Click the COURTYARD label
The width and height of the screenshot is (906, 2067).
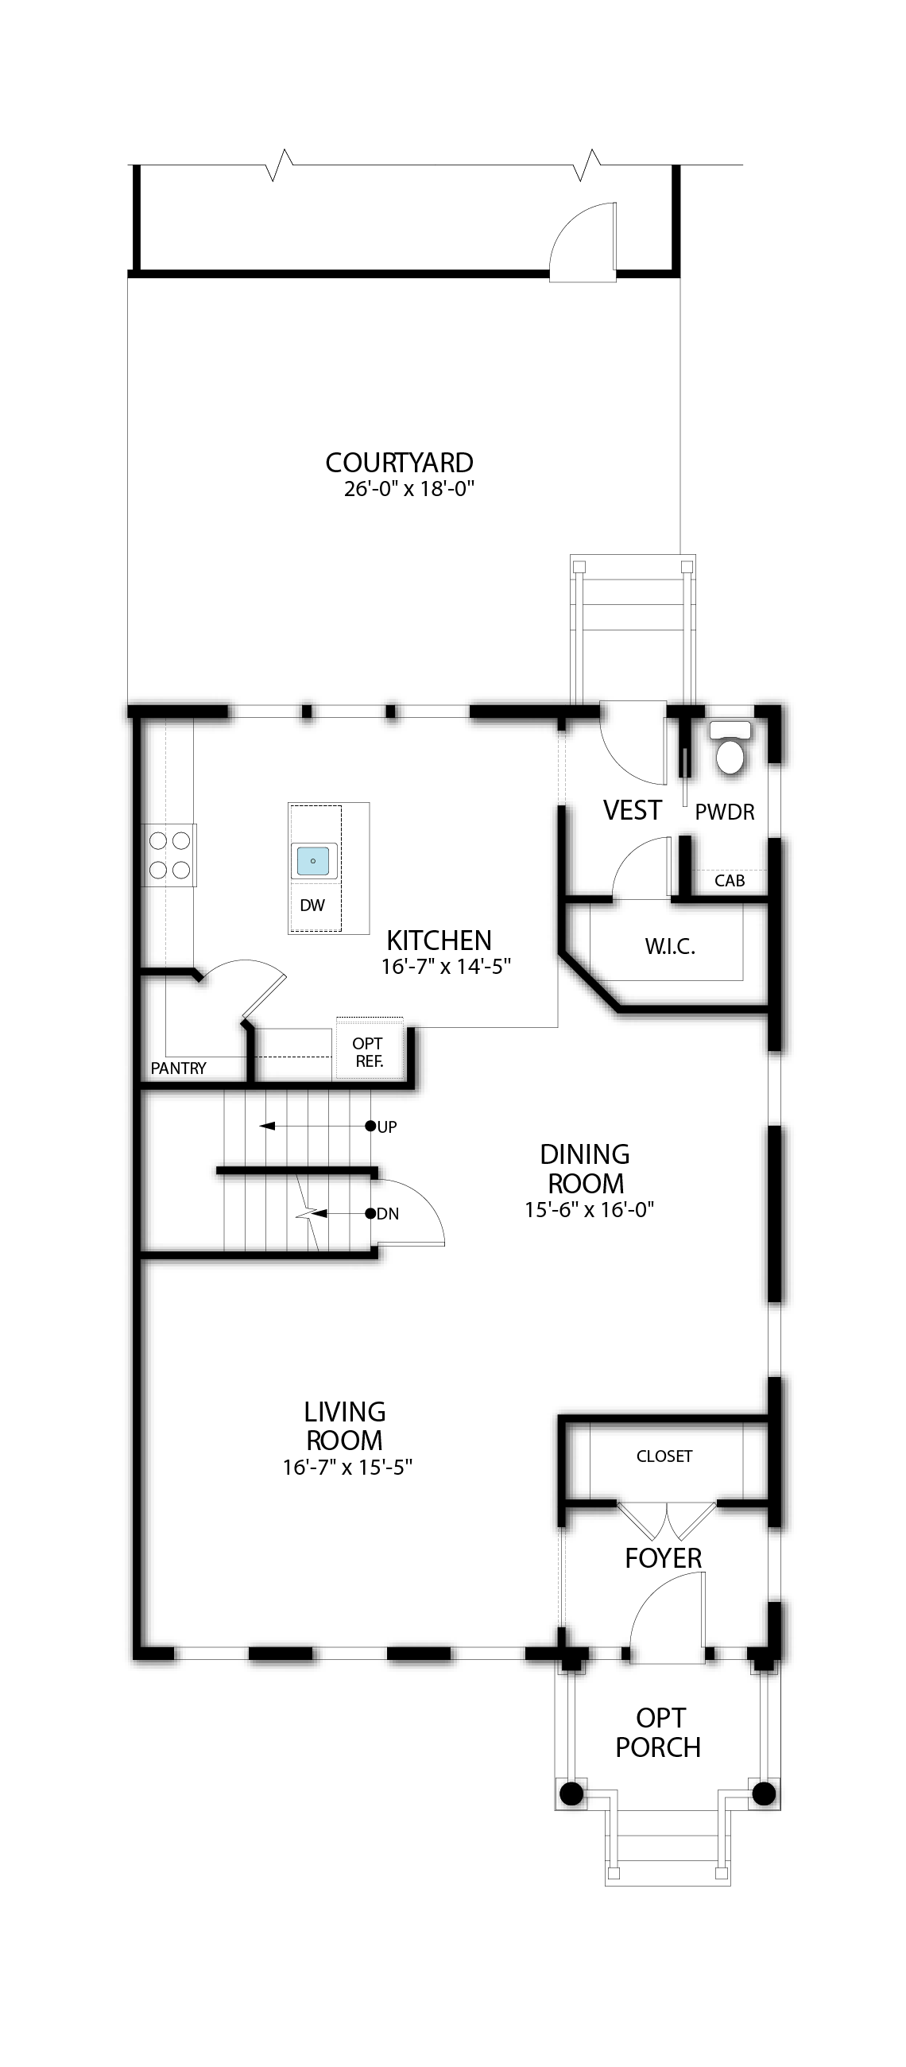(399, 462)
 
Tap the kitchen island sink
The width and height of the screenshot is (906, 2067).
(313, 861)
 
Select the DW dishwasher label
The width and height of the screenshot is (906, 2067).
(312, 906)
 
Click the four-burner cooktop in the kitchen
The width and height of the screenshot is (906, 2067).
(169, 855)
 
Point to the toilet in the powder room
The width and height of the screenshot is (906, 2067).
(730, 748)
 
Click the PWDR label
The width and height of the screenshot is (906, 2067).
(725, 812)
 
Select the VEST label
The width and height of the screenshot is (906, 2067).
(633, 810)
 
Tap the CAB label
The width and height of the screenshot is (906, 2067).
(730, 880)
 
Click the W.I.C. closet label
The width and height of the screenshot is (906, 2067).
(670, 947)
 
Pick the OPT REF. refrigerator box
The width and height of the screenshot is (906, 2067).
(369, 1049)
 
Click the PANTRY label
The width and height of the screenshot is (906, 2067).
(178, 1068)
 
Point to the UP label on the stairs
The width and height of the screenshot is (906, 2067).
(387, 1127)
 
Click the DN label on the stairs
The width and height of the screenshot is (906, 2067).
(388, 1214)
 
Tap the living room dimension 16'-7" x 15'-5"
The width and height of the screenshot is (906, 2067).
(347, 1467)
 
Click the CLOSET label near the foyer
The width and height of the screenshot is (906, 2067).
(664, 1456)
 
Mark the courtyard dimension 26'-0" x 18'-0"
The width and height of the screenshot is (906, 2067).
(409, 489)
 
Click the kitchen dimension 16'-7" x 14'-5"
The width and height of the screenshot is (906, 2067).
(446, 966)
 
